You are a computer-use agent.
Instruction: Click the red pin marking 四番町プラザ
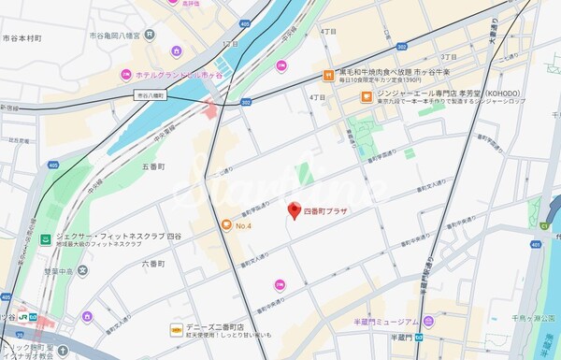[293, 210]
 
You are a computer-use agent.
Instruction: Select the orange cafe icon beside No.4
[225, 224]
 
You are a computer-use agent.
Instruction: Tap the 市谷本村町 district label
[20, 38]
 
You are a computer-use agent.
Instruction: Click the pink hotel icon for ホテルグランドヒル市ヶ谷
[124, 74]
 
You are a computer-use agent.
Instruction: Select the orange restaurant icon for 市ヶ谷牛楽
[329, 75]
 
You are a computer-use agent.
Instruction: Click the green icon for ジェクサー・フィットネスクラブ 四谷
[45, 239]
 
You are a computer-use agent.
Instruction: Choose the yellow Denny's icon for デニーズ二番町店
[175, 328]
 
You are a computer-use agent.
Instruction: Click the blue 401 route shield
[536, 245]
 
